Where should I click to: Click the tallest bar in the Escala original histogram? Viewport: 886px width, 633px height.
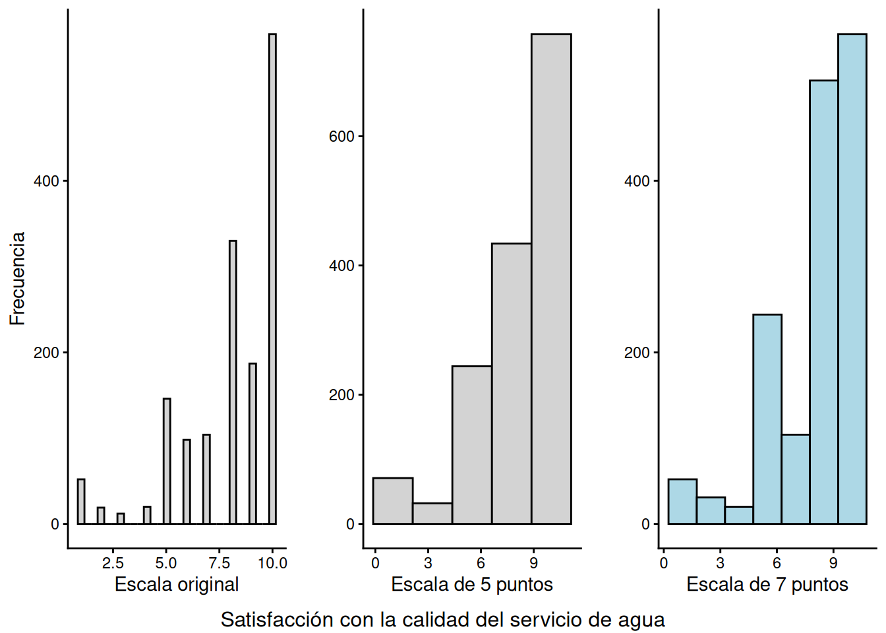point(272,277)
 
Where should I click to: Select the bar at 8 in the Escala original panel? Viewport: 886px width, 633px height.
point(233,382)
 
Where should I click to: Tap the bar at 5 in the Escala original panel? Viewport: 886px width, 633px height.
point(167,462)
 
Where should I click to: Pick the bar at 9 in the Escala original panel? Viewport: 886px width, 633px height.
point(252,443)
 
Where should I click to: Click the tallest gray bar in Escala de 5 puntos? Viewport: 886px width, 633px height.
point(551,277)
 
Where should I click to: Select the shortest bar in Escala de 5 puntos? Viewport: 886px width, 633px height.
point(432,514)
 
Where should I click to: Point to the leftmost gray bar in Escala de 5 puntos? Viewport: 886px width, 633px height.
point(393,501)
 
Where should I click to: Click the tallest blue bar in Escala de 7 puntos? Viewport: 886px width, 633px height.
point(852,277)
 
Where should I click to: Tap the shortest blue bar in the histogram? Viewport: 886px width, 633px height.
point(739,516)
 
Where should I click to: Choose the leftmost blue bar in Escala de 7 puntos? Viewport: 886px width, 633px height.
point(682,502)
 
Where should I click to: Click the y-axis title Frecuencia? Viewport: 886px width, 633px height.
point(17,278)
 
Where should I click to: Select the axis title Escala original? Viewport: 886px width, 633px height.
point(177,584)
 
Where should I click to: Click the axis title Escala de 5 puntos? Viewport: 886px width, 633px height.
point(472,584)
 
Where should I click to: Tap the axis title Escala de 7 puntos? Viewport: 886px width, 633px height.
point(767,584)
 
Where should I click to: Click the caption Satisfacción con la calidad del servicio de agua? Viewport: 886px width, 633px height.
point(443,620)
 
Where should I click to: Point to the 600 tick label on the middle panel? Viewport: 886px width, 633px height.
point(341,136)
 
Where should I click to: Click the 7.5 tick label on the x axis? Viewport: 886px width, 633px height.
point(219,563)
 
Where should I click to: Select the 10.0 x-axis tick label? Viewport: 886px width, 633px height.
point(272,563)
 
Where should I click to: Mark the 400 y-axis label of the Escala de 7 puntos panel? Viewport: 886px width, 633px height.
point(637,181)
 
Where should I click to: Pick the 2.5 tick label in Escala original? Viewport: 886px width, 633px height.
point(113,563)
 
